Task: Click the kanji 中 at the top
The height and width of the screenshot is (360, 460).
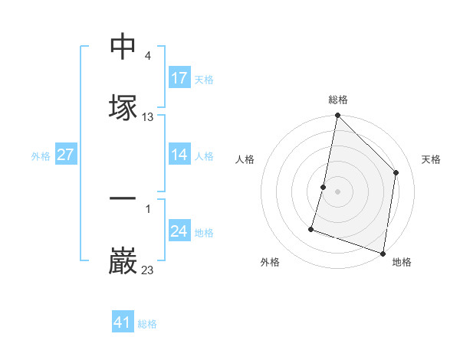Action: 123,47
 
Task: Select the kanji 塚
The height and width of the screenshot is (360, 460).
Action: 123,108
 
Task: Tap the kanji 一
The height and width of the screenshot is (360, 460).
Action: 123,199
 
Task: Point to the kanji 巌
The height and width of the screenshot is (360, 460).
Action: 123,261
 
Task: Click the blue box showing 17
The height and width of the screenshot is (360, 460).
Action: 179,78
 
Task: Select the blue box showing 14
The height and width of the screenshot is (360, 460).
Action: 179,155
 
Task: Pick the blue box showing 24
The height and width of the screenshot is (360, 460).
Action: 179,231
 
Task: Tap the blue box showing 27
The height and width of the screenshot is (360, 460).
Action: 65,155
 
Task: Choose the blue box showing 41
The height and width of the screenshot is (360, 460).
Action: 123,322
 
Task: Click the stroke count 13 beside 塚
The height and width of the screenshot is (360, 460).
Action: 148,117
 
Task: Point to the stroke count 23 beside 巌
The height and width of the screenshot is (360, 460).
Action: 148,270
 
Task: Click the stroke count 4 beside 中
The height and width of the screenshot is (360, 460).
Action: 147,56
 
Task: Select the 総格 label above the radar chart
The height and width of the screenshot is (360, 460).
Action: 338,100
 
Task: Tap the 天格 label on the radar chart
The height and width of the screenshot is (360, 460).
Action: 431,159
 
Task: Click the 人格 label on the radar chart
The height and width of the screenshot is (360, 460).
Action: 245,159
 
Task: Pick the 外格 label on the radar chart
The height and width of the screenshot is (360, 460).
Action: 270,262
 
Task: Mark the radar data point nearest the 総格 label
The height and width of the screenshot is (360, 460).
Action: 337,116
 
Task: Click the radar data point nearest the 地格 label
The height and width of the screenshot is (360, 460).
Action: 383,253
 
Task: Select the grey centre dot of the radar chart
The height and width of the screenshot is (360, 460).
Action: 337,191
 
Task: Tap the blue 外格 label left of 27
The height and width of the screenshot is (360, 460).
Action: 41,155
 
